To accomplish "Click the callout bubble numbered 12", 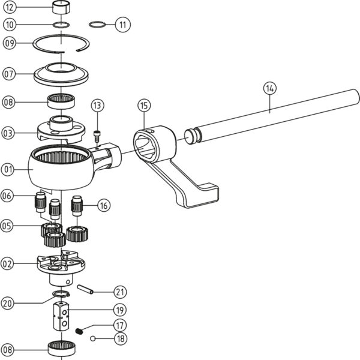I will click(x=10, y=8).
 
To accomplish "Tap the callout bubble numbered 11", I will click(x=123, y=25).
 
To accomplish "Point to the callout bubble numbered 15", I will click(x=143, y=106).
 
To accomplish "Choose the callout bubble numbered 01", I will click(x=8, y=169).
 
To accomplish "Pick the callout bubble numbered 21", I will click(x=121, y=292).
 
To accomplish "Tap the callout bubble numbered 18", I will click(x=121, y=338).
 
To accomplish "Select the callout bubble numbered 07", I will click(x=8, y=74).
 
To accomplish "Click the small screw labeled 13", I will click(x=97, y=135).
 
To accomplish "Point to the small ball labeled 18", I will click(x=94, y=338).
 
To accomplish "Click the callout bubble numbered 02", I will click(x=8, y=262).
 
